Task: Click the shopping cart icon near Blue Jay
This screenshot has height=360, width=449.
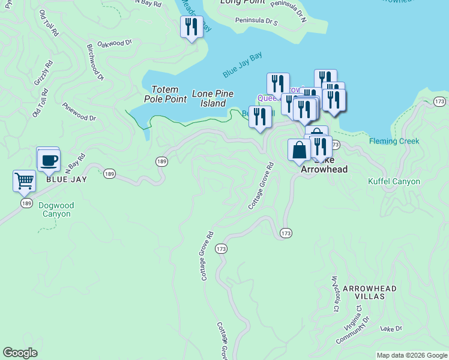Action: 24,180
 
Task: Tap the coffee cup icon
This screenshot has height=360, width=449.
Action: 49,160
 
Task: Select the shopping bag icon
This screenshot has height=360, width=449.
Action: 299,150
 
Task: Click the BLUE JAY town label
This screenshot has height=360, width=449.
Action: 66,179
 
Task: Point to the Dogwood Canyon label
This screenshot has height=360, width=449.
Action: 56,209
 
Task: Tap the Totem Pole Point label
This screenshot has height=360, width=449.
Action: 165,94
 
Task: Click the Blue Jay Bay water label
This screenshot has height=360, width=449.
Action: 243,66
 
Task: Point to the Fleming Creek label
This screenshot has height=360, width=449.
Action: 394,142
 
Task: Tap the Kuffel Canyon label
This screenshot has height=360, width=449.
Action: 394,181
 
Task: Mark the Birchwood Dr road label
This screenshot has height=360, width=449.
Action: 95,62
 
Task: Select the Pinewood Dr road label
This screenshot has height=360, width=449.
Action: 79,110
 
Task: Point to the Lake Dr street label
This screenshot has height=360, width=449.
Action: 391,329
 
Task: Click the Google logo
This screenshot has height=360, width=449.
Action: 20,353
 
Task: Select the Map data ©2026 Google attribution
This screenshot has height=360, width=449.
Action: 412,355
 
